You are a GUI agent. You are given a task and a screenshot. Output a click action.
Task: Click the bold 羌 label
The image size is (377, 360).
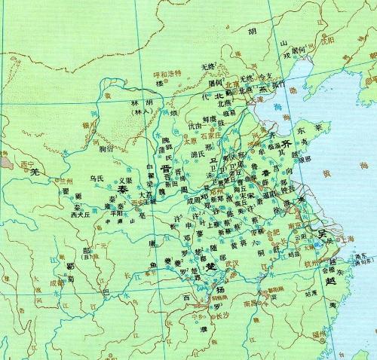pyautogui.click(x=33, y=172)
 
